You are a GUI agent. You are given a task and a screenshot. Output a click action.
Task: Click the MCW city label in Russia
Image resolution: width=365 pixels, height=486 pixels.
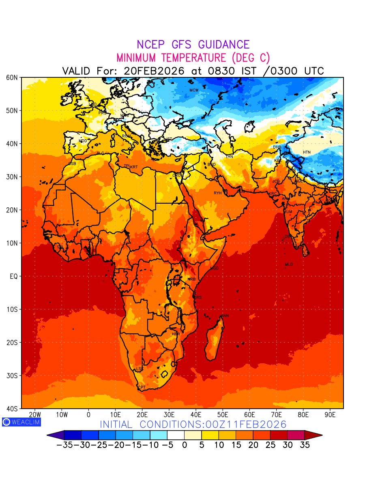pyautogui.click(x=194, y=90)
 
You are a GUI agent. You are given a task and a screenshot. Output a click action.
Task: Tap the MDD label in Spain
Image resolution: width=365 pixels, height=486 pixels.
pyautogui.click(x=83, y=141)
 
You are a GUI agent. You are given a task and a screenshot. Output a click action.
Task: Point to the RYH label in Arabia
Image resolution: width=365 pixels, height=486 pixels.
pyautogui.click(x=218, y=193)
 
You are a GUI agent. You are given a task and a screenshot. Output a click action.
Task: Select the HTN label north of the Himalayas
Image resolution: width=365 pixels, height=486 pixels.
pyautogui.click(x=307, y=152)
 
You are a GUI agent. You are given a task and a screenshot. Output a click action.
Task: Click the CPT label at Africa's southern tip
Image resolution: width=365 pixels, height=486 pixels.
pyautogui.click(x=142, y=388)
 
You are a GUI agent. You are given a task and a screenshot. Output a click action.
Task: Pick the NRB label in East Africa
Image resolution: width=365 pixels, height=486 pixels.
pyautogui.click(x=191, y=279)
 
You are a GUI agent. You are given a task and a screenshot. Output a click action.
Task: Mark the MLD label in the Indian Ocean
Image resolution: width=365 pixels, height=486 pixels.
pyautogui.click(x=289, y=264)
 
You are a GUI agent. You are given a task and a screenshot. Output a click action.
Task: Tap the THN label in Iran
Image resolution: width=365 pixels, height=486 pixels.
pyautogui.click(x=229, y=157)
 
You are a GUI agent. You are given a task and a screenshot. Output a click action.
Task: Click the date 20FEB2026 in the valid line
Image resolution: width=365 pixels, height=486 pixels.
pyautogui.click(x=154, y=71)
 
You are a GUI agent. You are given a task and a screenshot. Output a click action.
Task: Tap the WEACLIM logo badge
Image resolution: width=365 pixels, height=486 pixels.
pyautogui.click(x=21, y=422)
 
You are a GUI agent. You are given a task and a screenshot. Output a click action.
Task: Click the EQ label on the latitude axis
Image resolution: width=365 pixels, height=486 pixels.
pyautogui.click(x=13, y=276)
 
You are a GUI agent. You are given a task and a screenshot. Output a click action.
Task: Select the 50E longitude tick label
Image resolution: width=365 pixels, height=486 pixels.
pyautogui.click(x=223, y=415)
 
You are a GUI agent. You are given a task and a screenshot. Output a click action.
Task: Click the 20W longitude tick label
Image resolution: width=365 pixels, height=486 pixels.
pyautogui.click(x=35, y=415)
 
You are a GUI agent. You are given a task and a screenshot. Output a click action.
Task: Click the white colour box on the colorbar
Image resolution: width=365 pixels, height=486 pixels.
pyautogui.click(x=176, y=435)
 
